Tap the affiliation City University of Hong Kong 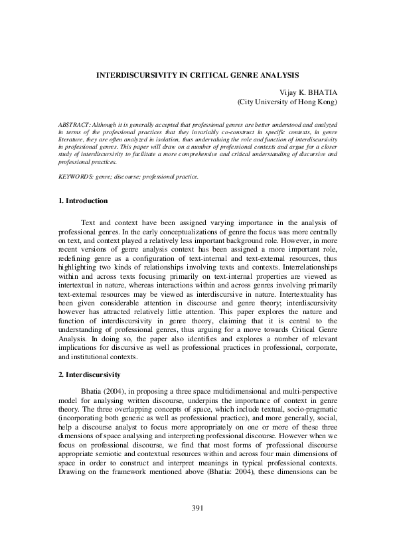287,103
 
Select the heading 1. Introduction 83,200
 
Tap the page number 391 197,526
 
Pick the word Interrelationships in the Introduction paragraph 304,272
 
